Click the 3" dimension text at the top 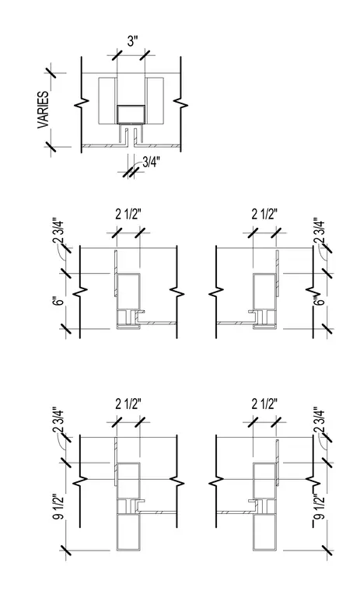tap(131, 40)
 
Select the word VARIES tap(44, 110)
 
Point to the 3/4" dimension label tap(151, 162)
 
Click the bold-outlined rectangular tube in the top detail tap(131, 114)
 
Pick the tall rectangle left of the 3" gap tap(107, 100)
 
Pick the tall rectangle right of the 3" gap tap(155, 100)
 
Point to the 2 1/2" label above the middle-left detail tap(128, 215)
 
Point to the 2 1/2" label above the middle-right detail tap(264, 215)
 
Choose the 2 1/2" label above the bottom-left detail tap(128, 404)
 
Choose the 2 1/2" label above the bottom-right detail tap(264, 404)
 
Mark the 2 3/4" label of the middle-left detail tap(58, 231)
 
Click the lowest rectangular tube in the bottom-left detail tap(128, 532)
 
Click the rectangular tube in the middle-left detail tap(128, 292)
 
